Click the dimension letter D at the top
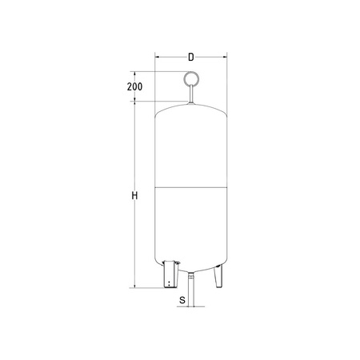190,57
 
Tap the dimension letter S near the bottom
182,301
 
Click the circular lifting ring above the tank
191,79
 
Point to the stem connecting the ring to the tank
191,95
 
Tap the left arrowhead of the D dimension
157,57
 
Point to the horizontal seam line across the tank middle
191,187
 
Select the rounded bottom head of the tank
191,263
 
